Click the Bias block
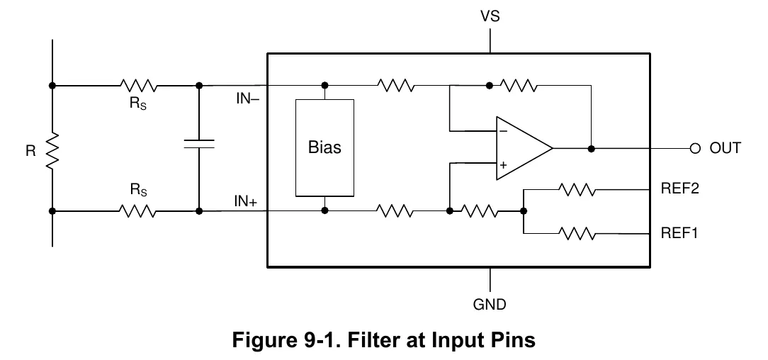(x=324, y=148)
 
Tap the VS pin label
(x=490, y=16)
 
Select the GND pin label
(x=490, y=304)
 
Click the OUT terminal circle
(x=695, y=148)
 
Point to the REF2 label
(x=680, y=189)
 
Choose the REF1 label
(x=679, y=232)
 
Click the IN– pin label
(x=248, y=99)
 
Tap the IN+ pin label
(x=245, y=201)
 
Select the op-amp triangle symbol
(x=524, y=148)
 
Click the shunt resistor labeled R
(x=52, y=151)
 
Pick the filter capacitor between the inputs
(x=199, y=144)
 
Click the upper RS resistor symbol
(x=139, y=86)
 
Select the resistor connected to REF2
(x=577, y=189)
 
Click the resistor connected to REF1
(x=577, y=234)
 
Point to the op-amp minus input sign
(x=504, y=131)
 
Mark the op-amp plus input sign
(x=504, y=165)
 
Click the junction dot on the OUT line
(x=591, y=148)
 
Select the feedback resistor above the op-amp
(x=518, y=86)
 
